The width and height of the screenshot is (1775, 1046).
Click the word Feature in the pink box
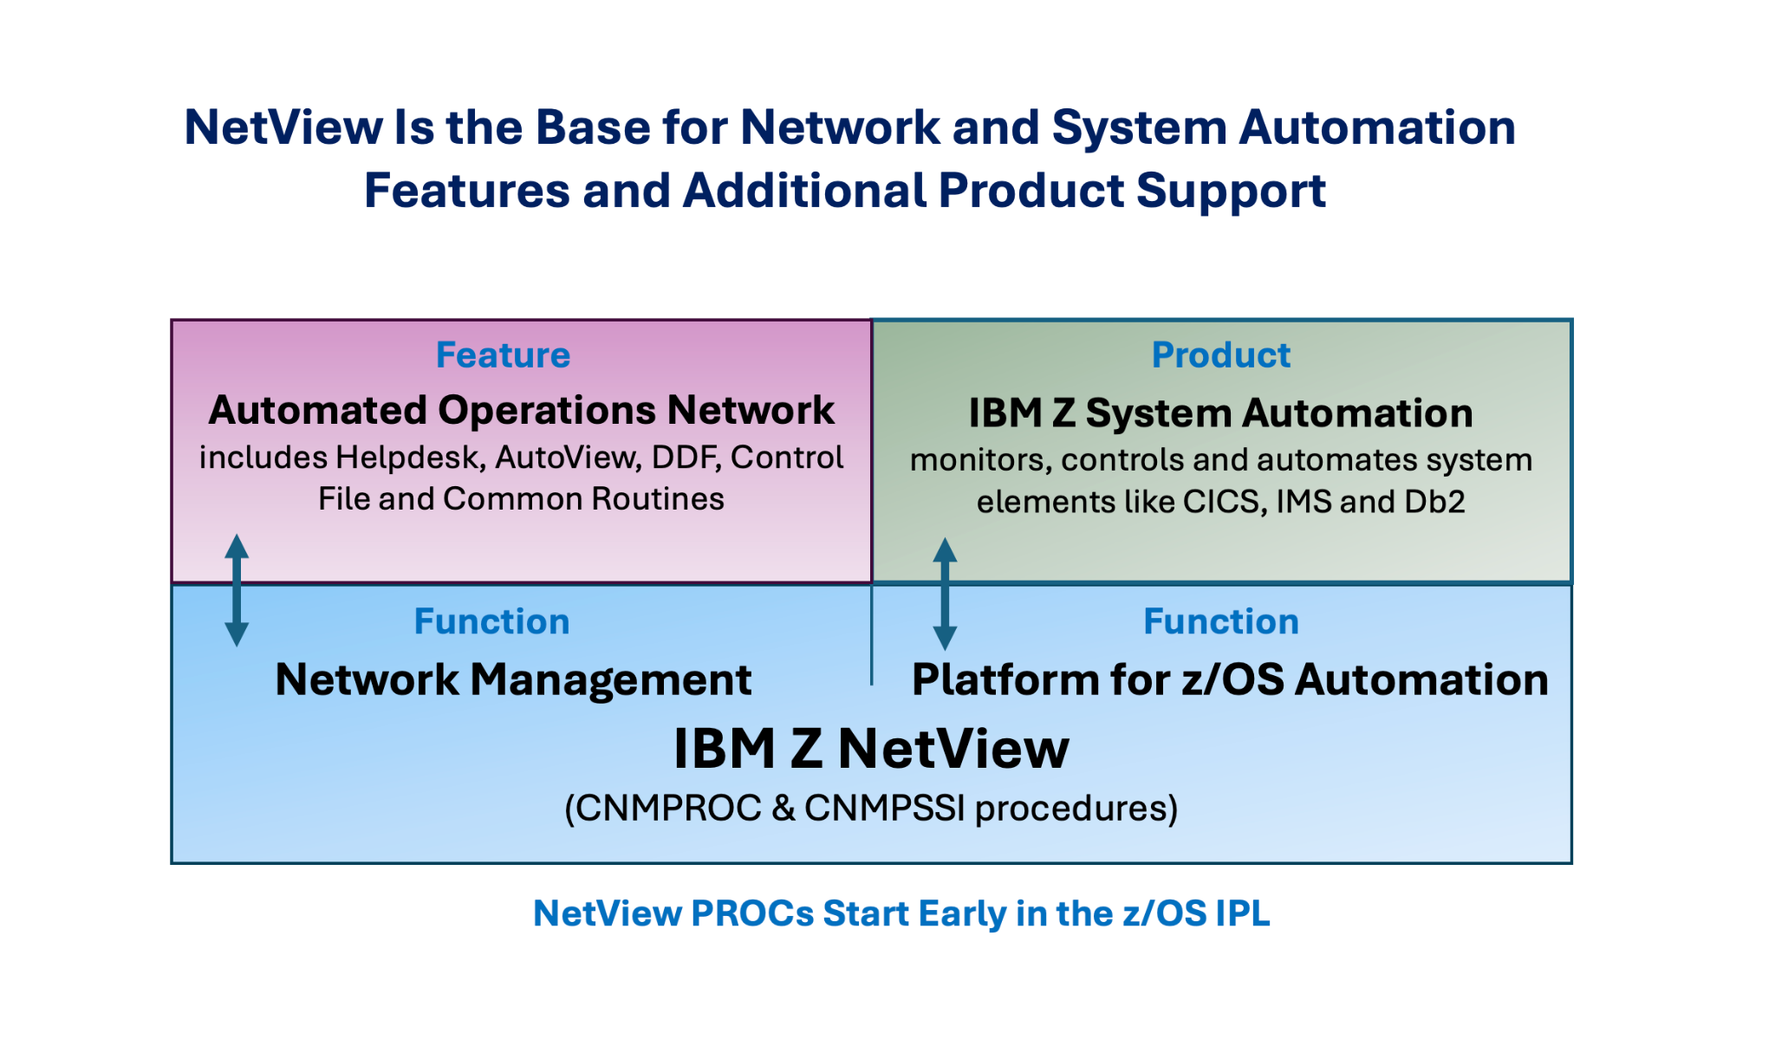pos(503,355)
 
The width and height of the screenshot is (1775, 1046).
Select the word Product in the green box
pos(1220,355)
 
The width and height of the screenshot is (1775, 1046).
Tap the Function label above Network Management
pos(491,621)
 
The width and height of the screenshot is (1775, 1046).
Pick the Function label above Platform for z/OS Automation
pos(1220,621)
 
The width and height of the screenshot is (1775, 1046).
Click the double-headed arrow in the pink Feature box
pos(237,590)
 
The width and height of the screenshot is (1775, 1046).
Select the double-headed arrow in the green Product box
pos(945,594)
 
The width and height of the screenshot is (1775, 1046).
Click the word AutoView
pos(569,458)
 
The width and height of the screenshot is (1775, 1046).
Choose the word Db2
pos(1434,502)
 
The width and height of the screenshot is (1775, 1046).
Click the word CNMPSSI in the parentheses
pos(884,809)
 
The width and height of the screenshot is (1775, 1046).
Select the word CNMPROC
pos(668,809)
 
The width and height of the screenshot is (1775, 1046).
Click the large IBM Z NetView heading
pos(871,749)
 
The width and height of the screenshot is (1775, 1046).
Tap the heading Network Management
pos(513,679)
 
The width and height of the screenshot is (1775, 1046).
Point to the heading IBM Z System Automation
pos(1220,413)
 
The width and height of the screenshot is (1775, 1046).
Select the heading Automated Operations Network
pos(521,410)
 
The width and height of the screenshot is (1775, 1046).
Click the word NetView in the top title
pos(283,127)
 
